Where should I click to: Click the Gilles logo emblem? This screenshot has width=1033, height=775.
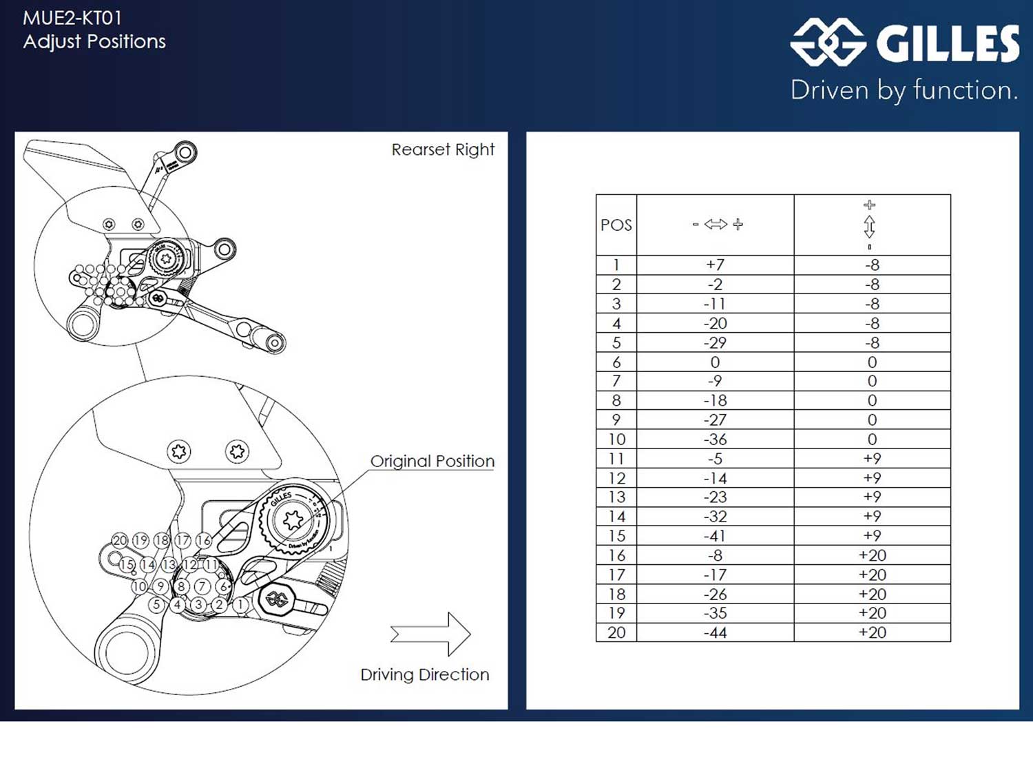828,42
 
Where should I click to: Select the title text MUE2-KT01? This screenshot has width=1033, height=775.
72,18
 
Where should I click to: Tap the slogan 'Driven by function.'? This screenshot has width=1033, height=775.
904,90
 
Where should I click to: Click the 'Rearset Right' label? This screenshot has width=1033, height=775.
443,149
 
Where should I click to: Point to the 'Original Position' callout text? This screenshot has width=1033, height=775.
432,461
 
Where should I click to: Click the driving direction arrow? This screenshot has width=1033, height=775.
430,634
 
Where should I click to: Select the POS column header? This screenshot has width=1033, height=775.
616,225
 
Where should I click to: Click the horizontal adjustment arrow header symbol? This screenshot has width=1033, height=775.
716,225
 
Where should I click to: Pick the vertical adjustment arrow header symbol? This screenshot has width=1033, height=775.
870,225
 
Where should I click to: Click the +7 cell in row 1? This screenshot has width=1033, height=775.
715,265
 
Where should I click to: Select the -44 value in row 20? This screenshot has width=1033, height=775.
715,632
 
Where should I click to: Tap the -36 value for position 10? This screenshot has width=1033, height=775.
715,439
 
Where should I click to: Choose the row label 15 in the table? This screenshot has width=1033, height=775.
616,535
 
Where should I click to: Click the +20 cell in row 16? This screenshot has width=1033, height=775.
872,555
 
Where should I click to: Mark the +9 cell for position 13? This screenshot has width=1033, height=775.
872,497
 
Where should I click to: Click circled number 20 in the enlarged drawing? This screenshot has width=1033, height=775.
120,540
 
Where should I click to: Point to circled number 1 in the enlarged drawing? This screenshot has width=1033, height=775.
240,605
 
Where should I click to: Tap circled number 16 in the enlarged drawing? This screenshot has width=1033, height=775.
203,540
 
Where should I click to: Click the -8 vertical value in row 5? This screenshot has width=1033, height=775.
872,342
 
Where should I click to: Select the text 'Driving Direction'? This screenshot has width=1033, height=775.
424,674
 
